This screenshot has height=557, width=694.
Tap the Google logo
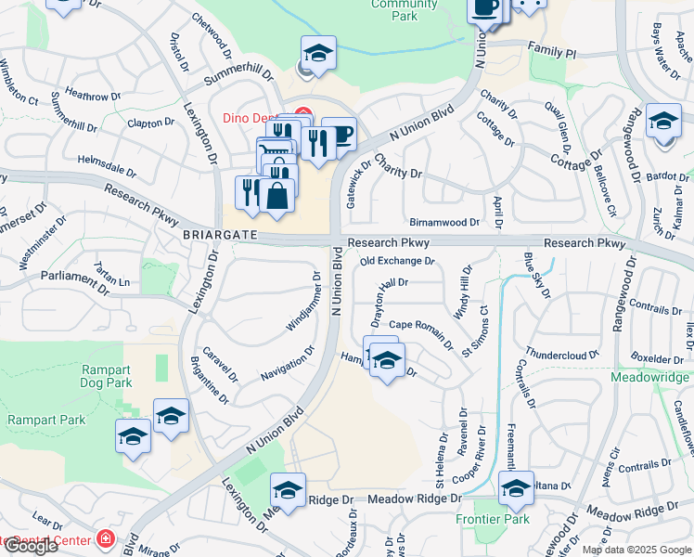coord(30,546)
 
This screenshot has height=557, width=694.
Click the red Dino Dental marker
coord(302,116)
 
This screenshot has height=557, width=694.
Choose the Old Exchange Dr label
coord(397,262)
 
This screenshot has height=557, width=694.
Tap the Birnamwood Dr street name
coord(444,223)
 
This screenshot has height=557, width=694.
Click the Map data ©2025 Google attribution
coord(637,550)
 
